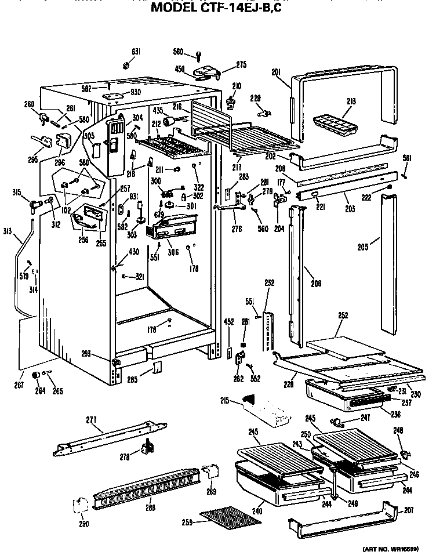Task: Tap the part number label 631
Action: click(135, 52)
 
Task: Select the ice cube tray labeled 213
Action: click(335, 125)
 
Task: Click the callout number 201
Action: click(276, 72)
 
